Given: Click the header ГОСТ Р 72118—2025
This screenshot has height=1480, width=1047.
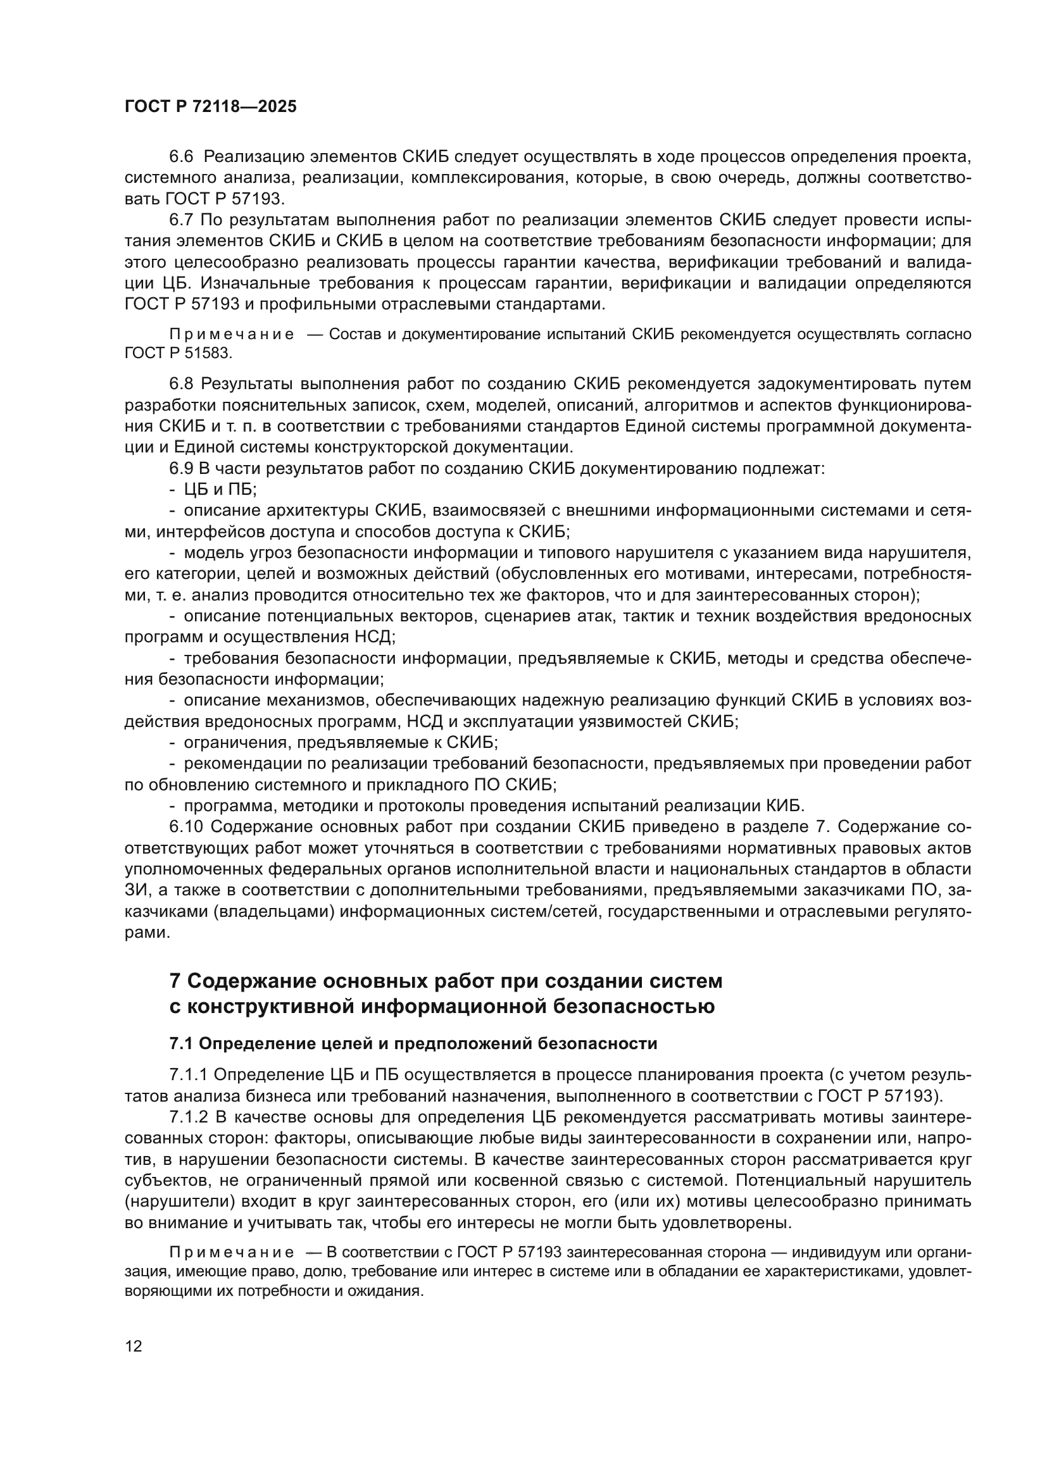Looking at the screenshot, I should (210, 107).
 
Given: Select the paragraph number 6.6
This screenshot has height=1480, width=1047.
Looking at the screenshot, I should (181, 157).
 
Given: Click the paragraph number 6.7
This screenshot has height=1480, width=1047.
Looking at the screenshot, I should (181, 220).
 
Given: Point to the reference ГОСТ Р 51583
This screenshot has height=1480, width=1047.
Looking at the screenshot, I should (178, 353).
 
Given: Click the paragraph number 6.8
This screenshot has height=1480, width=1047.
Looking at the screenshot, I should (181, 383).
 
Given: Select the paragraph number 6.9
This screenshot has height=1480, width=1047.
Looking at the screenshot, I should (181, 469).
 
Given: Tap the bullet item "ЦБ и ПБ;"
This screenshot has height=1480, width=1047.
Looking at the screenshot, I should (220, 489).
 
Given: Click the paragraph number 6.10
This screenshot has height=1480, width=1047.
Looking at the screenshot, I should (185, 827).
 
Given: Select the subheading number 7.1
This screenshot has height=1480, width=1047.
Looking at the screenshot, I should (181, 1043).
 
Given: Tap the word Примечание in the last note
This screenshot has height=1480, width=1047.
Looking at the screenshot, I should (232, 1252).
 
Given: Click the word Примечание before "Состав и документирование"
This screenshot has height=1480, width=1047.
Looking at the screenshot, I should (232, 335).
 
